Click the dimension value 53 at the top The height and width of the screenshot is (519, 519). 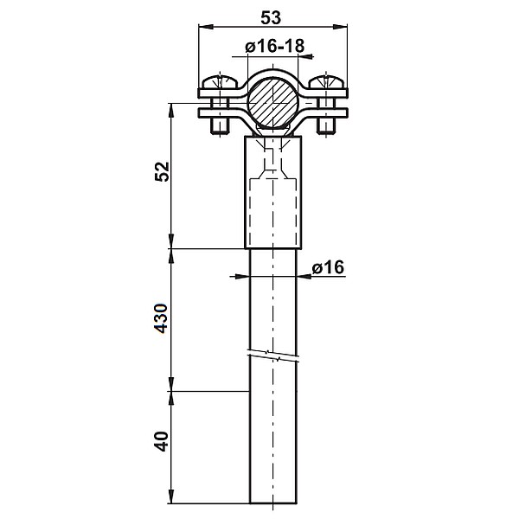point(272,16)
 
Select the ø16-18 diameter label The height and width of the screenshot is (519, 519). point(274,47)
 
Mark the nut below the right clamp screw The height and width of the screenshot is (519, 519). point(326,125)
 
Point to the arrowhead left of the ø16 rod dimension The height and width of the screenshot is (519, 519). point(243,277)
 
